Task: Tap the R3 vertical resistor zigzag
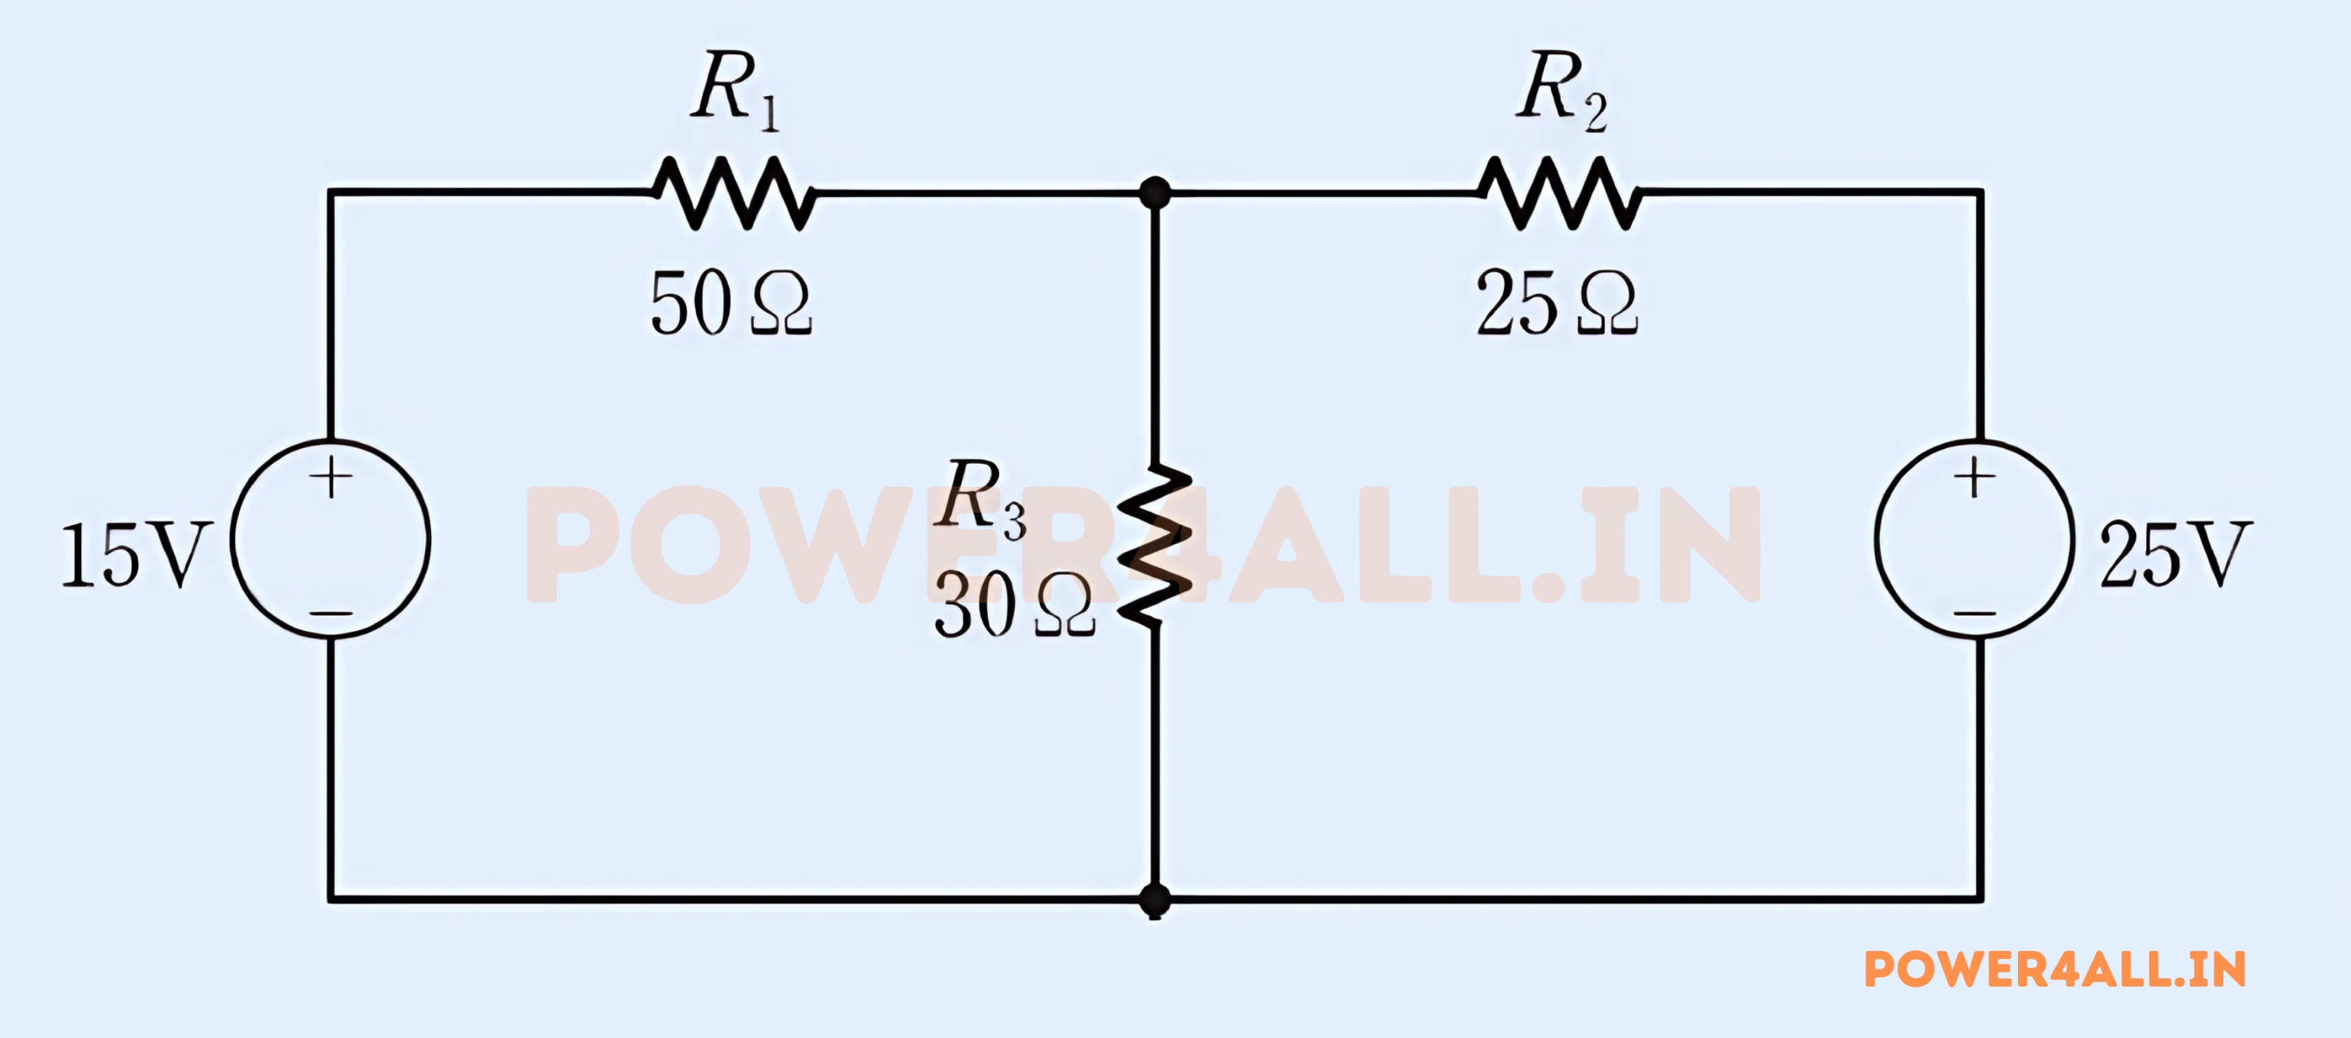click(x=1156, y=545)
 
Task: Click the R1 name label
click(x=735, y=89)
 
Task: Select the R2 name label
click(x=1561, y=89)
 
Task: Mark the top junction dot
click(x=1156, y=193)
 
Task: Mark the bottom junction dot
click(x=1156, y=899)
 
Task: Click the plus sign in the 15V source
click(x=330, y=478)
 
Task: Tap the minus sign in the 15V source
click(x=330, y=613)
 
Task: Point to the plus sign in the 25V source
click(x=1975, y=478)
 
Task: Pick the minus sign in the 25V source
click(x=1975, y=613)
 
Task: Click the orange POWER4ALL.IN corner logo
click(x=2055, y=969)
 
